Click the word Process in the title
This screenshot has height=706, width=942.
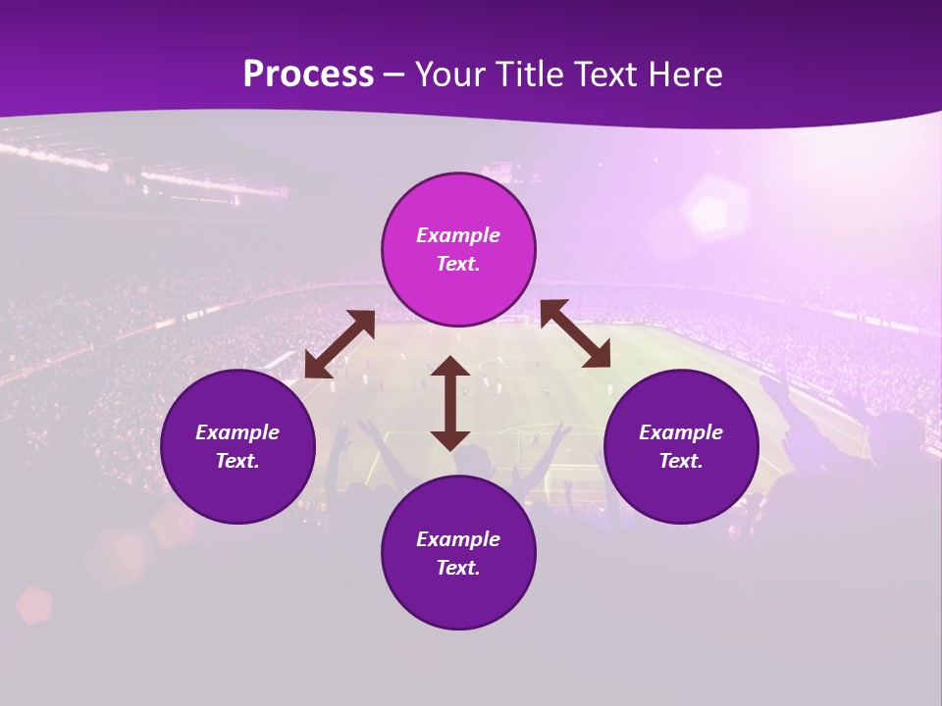click(308, 75)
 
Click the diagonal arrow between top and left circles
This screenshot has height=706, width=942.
click(340, 344)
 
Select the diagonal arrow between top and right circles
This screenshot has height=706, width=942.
click(575, 333)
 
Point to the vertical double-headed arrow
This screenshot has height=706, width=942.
click(450, 403)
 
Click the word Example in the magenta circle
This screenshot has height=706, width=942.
click(458, 235)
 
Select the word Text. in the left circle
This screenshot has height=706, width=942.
click(237, 461)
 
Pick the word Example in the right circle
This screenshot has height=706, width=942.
click(681, 432)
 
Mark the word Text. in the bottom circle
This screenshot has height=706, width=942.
click(458, 568)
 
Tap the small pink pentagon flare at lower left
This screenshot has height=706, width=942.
click(34, 605)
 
